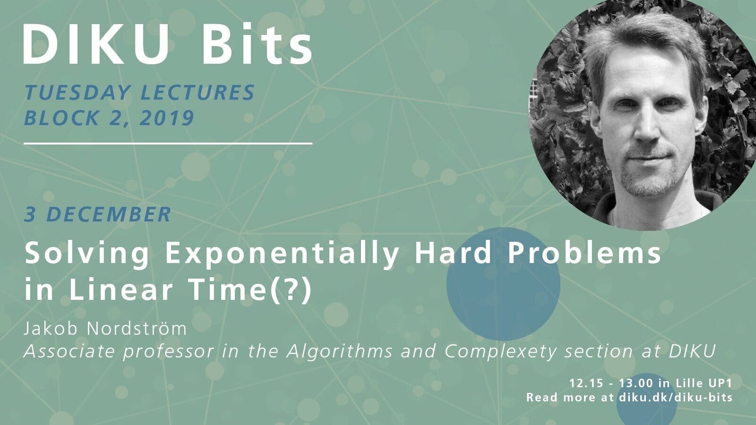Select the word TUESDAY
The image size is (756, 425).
pos(77,92)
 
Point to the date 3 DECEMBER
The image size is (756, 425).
pos(97,214)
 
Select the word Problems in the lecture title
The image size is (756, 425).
pos(584,253)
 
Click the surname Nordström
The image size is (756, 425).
pos(137,328)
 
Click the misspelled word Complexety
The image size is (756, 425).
pos(500,351)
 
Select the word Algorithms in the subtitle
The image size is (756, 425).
pos(340,351)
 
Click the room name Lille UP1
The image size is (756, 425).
pos(704,383)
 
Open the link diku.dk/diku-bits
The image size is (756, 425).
pos(676,397)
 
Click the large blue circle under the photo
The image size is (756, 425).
pos(503,284)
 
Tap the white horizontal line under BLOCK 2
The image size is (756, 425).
pos(168,144)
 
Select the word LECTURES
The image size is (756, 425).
pos(198,92)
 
